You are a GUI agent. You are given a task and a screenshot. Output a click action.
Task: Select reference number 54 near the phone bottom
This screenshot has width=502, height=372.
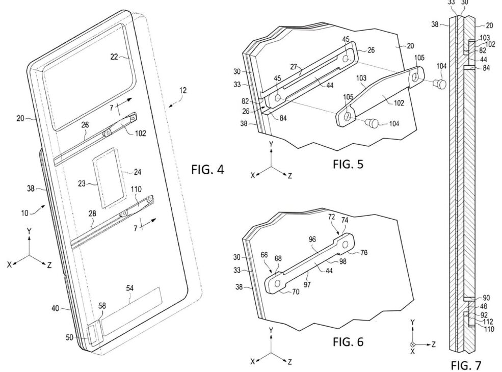[130, 289]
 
